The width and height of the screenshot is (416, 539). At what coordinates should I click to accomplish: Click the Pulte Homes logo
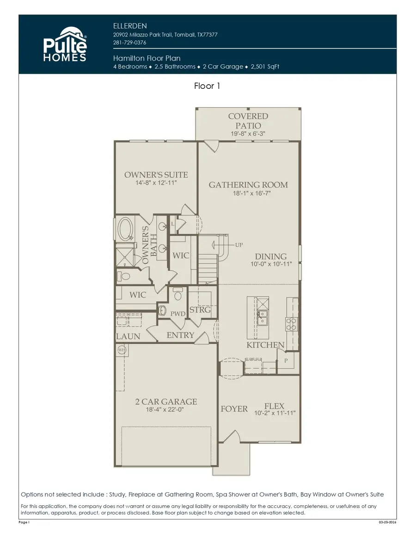(65, 44)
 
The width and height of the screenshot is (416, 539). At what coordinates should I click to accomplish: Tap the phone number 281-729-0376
(129, 43)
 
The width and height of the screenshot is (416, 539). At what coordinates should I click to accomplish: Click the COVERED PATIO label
(248, 121)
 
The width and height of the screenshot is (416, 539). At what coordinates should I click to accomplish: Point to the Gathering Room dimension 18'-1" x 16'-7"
(252, 193)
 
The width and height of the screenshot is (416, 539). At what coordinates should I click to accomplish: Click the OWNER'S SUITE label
(156, 175)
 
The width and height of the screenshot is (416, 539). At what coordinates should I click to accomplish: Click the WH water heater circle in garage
(122, 351)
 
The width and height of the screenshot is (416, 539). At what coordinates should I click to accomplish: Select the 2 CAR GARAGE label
(166, 402)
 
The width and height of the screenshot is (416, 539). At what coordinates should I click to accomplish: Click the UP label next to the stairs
(239, 245)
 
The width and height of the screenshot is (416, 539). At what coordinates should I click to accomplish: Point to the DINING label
(271, 256)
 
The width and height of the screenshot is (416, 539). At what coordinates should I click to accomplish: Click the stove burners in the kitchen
(291, 324)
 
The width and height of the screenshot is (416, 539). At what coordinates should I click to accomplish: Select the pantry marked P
(286, 360)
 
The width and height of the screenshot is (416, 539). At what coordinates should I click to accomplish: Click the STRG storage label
(200, 310)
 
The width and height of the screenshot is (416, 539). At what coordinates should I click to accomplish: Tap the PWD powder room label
(177, 314)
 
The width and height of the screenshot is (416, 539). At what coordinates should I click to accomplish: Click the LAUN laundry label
(128, 336)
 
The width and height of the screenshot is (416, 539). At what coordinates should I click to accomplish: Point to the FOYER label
(234, 409)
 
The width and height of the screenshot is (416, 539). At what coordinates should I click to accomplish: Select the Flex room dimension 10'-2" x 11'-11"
(275, 413)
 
